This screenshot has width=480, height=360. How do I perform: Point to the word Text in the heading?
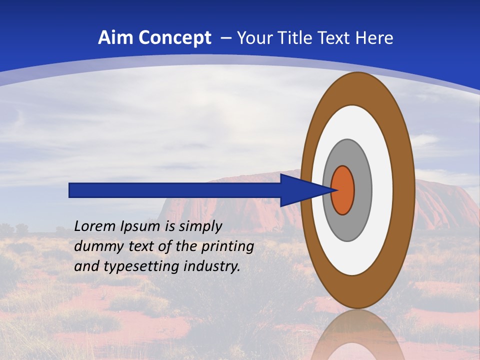(x=333, y=38)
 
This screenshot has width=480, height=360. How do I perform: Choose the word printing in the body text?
(x=228, y=247)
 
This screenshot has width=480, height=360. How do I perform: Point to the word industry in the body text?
(x=211, y=266)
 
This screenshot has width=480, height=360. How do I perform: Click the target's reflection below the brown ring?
(x=357, y=335)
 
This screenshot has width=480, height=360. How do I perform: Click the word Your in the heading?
(x=254, y=38)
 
